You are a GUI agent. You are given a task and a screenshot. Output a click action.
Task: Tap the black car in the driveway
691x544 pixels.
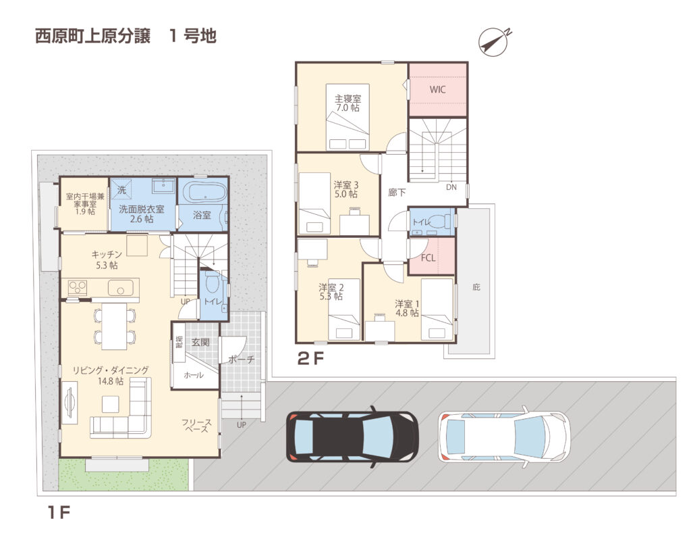[352, 437]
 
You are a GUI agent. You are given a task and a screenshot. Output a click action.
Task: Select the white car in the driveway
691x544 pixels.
[504, 437]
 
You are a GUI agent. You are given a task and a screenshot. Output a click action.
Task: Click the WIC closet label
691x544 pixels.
[437, 90]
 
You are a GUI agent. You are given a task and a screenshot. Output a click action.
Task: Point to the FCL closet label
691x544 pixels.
[428, 257]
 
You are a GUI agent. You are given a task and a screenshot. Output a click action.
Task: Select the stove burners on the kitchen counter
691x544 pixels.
[78, 287]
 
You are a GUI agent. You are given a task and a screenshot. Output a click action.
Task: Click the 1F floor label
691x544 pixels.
[59, 512]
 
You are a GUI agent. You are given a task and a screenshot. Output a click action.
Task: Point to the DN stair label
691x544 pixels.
[451, 187]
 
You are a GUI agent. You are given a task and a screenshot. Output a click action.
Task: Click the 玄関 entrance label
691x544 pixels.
[200, 342]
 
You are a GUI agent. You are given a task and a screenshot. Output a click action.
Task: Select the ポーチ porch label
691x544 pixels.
[241, 360]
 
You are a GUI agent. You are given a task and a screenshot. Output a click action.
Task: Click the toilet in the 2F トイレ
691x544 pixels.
[439, 220]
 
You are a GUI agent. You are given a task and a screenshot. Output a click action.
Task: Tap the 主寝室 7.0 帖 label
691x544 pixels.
[348, 103]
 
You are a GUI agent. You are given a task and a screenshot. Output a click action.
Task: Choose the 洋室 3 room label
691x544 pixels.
[346, 185]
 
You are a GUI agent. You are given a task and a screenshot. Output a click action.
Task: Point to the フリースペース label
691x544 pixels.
[196, 426]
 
